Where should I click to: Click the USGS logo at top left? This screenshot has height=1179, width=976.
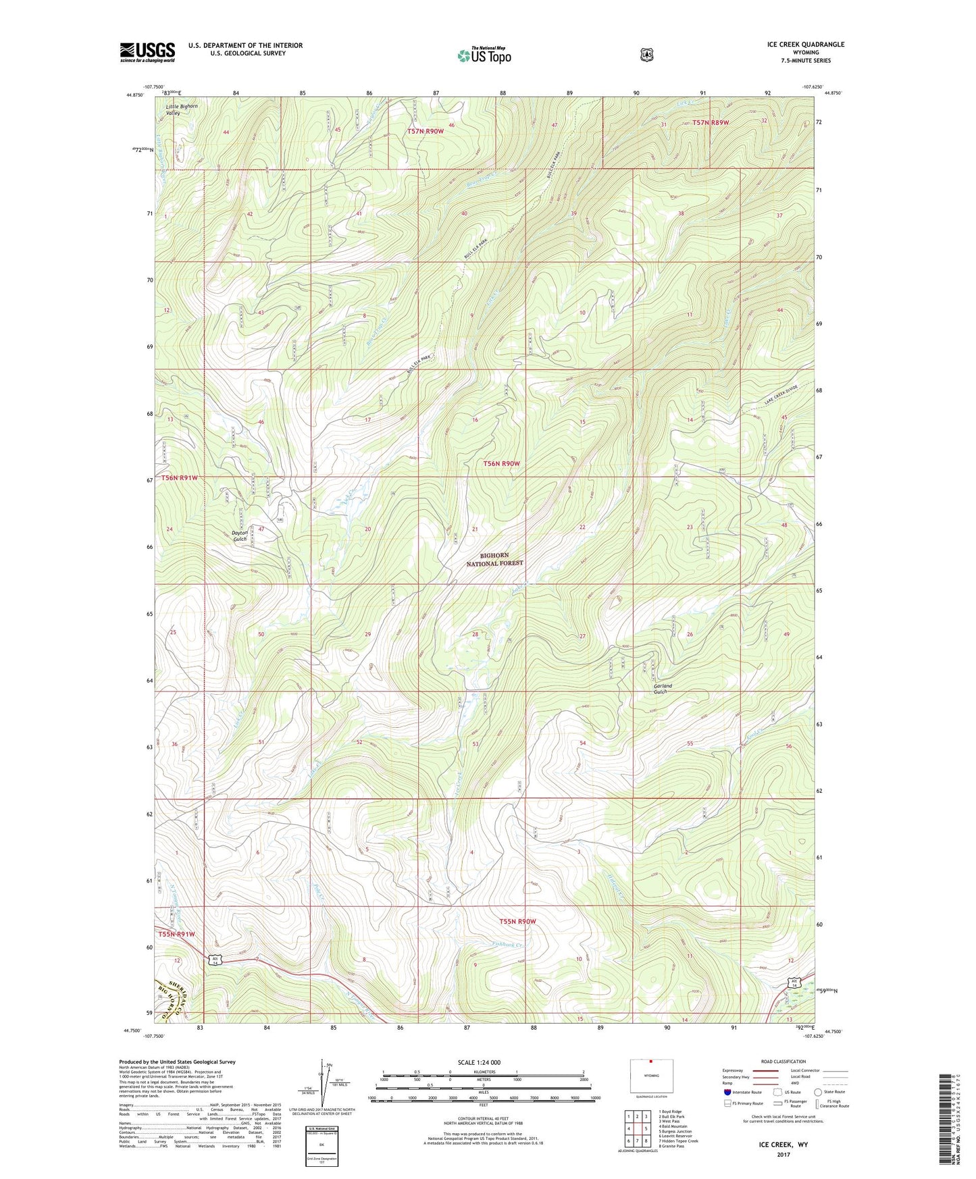(147, 52)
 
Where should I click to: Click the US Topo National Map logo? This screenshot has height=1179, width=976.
(484, 55)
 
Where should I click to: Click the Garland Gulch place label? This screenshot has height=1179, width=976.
(663, 689)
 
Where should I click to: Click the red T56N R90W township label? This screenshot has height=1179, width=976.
(501, 463)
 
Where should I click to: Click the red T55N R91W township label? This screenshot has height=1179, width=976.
(176, 934)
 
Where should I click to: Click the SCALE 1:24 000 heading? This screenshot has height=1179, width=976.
(479, 1062)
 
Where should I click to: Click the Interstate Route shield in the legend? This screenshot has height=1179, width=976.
(727, 1092)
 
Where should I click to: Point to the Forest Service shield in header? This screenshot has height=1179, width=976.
(646, 54)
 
